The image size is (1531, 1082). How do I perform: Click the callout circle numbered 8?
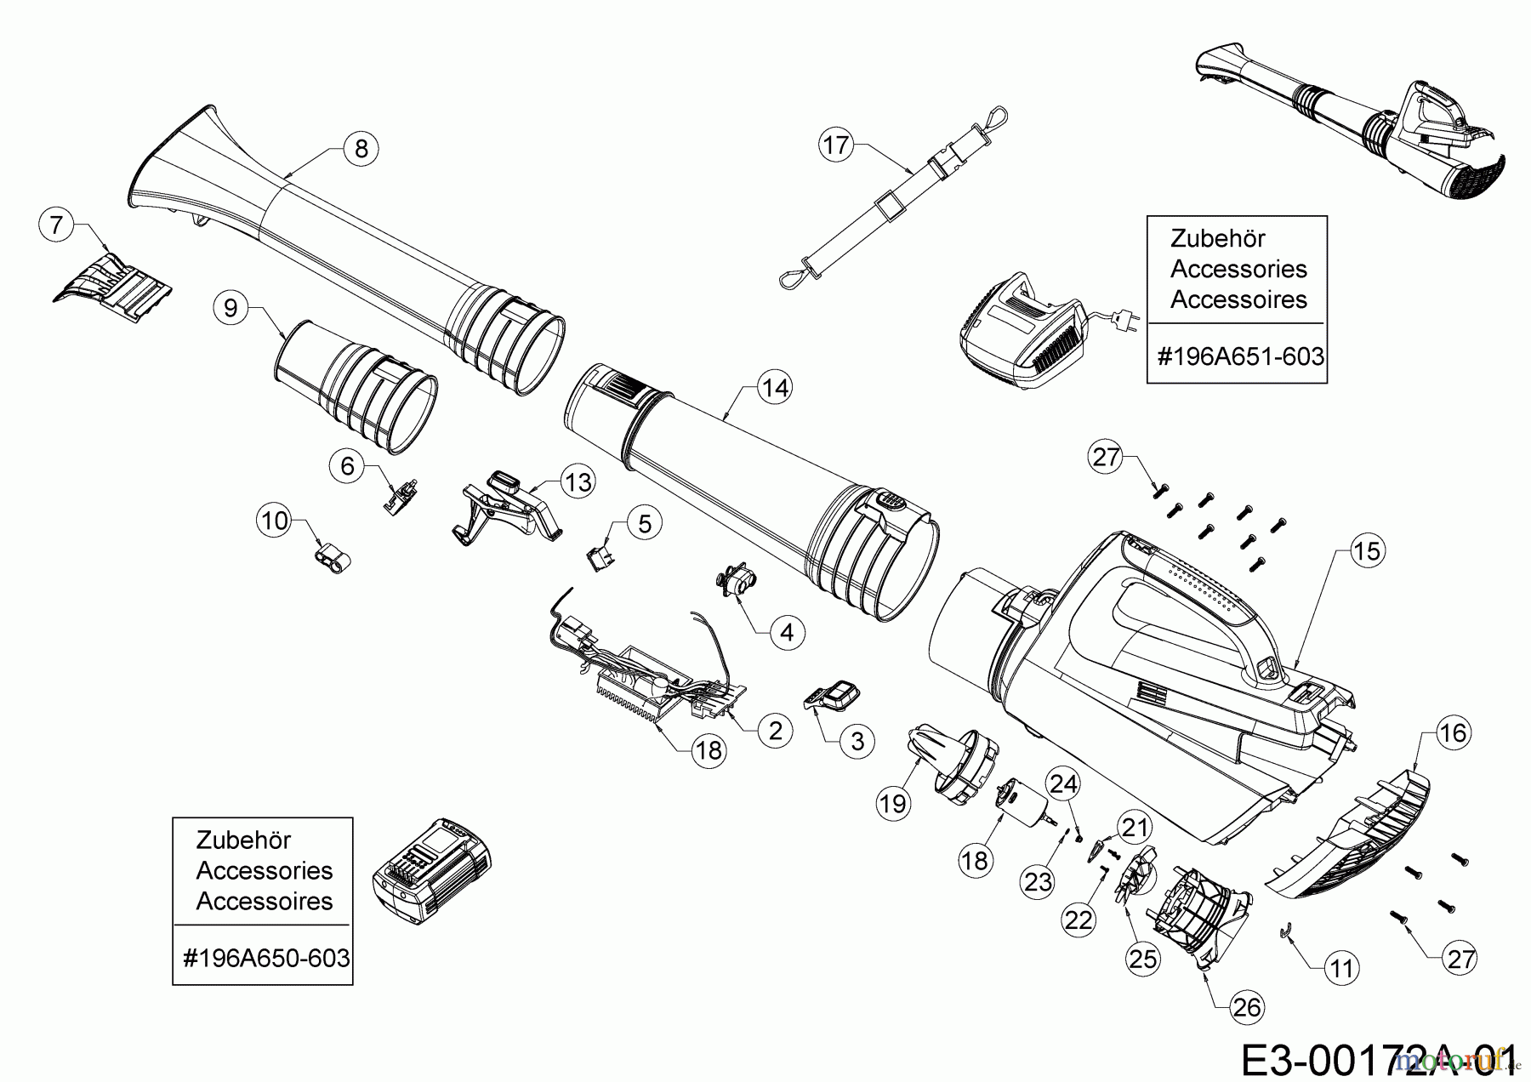tap(361, 148)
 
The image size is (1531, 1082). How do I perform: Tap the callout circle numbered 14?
tap(775, 388)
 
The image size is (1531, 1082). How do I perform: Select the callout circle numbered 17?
tap(837, 145)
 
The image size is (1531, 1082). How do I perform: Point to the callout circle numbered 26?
tap(1247, 1008)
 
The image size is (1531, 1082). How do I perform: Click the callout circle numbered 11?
tap(1341, 968)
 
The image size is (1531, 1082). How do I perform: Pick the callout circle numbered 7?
tap(56, 225)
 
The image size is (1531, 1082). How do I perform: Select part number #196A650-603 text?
tap(265, 958)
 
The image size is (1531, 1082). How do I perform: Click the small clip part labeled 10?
tap(330, 559)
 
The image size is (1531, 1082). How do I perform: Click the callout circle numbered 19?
tap(894, 802)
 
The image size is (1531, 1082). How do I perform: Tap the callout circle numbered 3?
tap(857, 741)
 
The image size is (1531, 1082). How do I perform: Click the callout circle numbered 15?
tap(1368, 550)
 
